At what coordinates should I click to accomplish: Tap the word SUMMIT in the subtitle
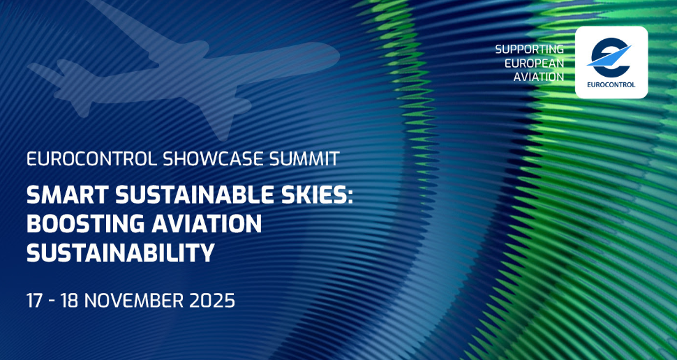(304, 159)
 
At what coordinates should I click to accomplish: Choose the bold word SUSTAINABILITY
(121, 253)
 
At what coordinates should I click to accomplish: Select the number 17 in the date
(34, 301)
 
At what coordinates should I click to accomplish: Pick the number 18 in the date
(70, 301)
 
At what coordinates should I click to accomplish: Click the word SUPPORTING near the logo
(529, 50)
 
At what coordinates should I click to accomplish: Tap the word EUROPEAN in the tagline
(535, 63)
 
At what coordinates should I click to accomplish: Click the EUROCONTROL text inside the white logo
(611, 84)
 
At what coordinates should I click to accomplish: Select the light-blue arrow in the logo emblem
(609, 56)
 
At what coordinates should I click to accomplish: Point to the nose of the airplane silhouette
(337, 55)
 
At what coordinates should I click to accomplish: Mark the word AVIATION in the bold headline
(205, 224)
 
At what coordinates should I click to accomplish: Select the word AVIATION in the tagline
(538, 77)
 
